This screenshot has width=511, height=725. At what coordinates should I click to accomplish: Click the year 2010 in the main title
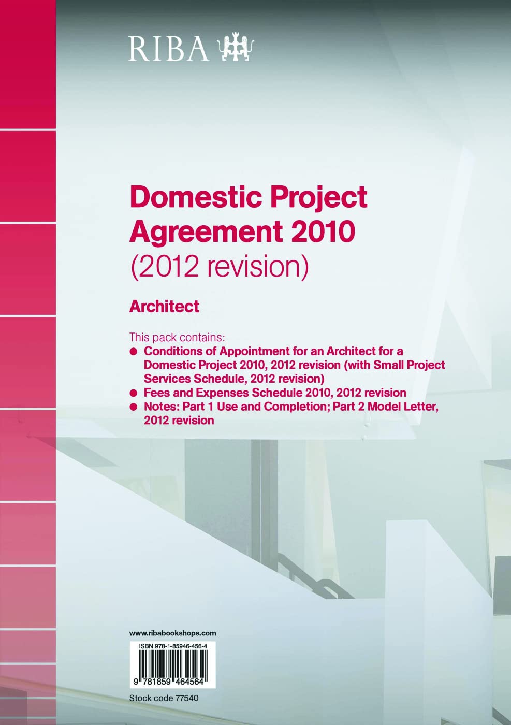click(x=324, y=231)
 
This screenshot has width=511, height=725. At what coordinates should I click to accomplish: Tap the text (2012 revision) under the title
click(x=220, y=266)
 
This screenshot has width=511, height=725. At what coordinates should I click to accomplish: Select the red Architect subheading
click(x=164, y=307)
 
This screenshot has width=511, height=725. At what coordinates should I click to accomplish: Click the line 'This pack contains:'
click(x=177, y=337)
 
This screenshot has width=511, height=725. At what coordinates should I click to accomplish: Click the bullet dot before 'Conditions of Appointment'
click(x=134, y=352)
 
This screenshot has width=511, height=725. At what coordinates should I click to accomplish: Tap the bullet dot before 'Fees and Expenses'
click(x=134, y=393)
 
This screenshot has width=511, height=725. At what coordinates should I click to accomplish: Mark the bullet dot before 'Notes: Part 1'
click(x=134, y=407)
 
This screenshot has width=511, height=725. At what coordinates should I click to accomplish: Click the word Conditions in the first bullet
click(x=173, y=351)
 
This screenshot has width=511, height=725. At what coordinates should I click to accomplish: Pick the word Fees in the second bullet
click(x=156, y=393)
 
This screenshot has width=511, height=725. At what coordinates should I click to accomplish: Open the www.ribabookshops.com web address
click(x=172, y=633)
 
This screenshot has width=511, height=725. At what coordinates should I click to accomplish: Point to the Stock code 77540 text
click(x=164, y=698)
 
